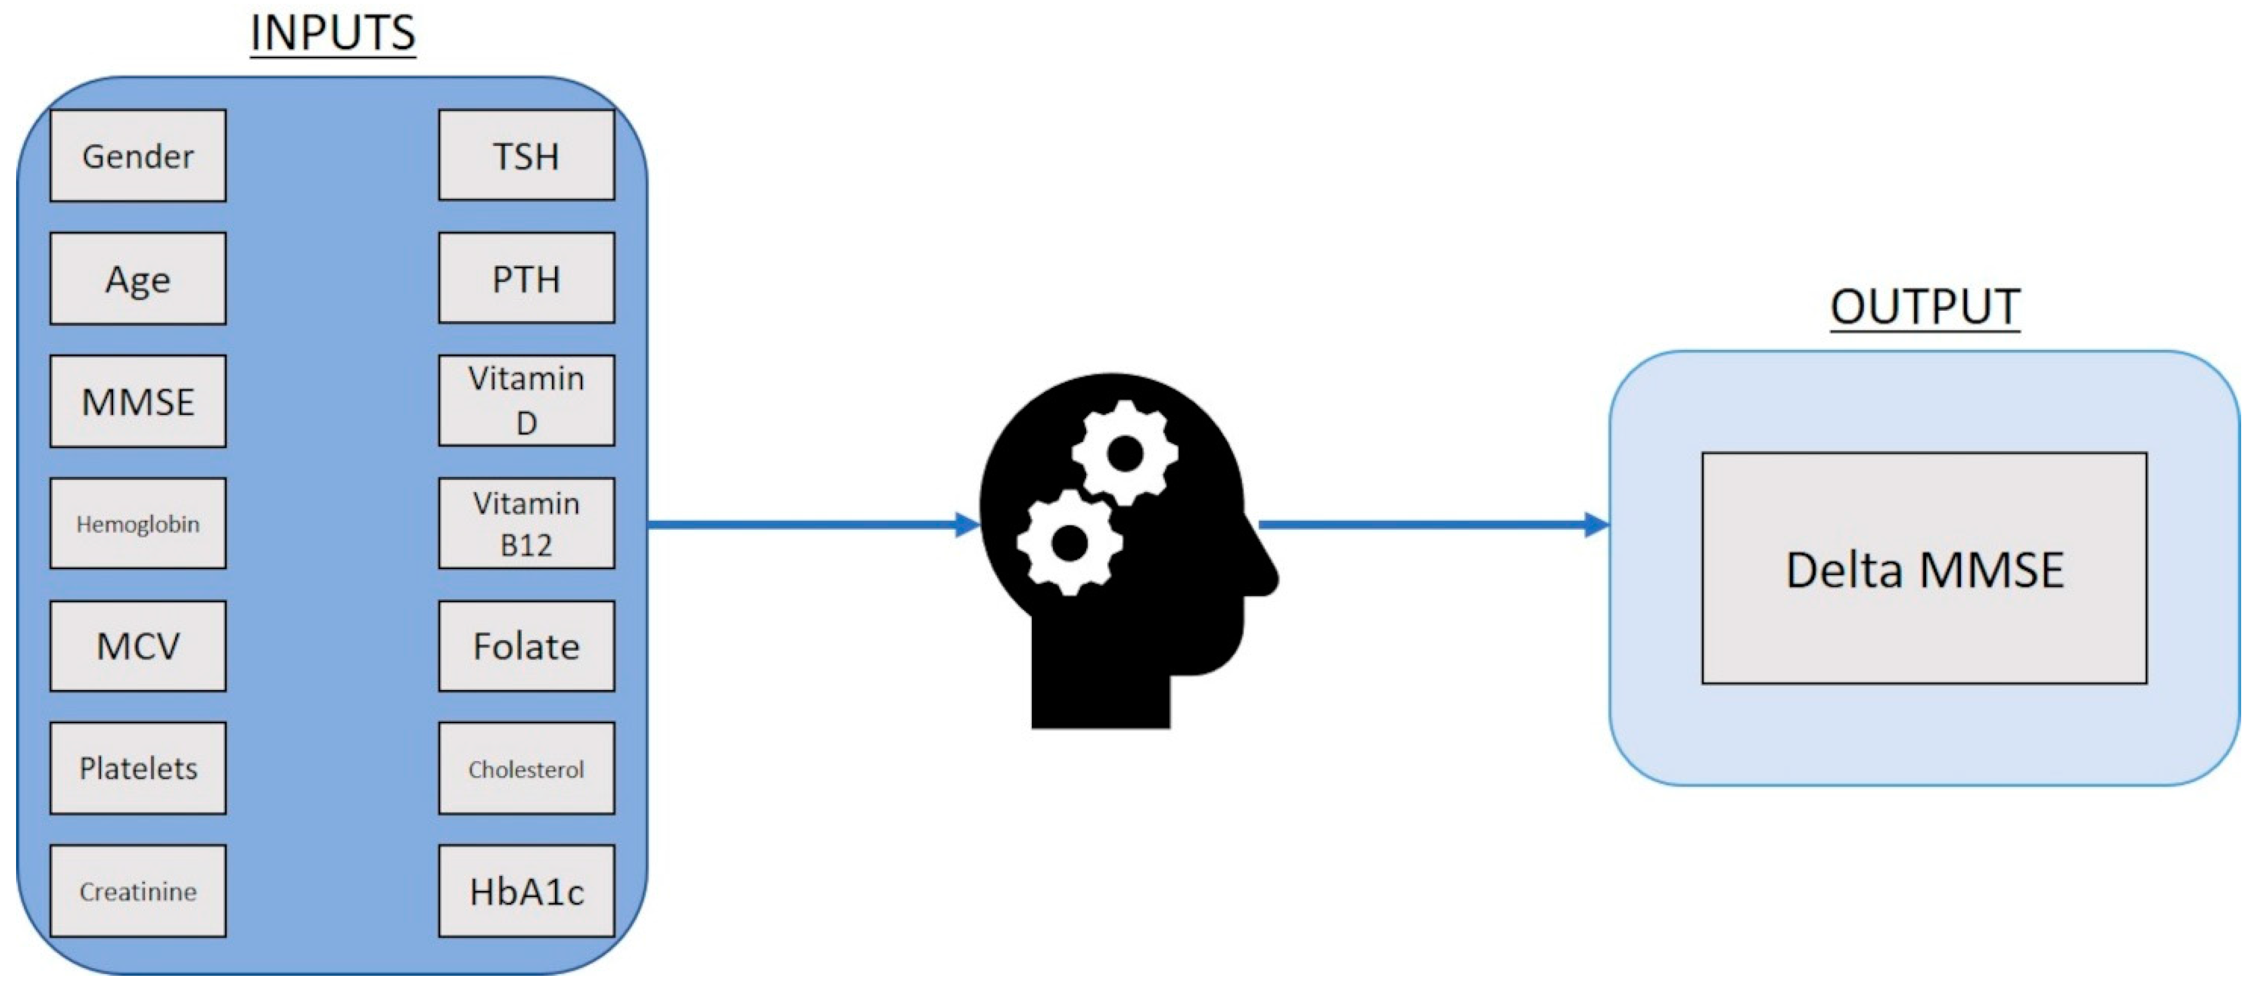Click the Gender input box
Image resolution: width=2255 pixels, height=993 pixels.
(138, 156)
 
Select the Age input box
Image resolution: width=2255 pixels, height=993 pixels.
(138, 278)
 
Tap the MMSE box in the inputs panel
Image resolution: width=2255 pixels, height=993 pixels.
(138, 401)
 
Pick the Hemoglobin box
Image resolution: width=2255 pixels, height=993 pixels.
(138, 524)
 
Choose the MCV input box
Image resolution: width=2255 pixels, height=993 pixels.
(138, 646)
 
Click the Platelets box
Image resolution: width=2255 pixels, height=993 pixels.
(138, 768)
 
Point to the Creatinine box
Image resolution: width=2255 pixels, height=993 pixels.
(138, 890)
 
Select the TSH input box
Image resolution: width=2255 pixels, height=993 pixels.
(526, 156)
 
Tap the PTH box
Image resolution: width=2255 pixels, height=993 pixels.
(526, 278)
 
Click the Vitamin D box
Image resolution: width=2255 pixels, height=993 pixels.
(526, 400)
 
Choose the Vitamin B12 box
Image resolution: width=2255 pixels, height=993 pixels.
(526, 524)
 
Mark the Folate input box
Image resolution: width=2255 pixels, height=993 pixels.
(526, 646)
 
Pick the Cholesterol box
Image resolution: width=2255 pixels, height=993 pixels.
(526, 768)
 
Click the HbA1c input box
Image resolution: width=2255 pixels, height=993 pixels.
(526, 890)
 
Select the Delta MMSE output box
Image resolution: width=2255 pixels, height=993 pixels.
(1924, 568)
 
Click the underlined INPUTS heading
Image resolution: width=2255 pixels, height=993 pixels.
(333, 33)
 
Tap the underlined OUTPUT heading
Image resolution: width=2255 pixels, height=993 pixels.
(1924, 306)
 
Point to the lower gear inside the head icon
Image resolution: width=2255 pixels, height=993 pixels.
(1069, 542)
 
